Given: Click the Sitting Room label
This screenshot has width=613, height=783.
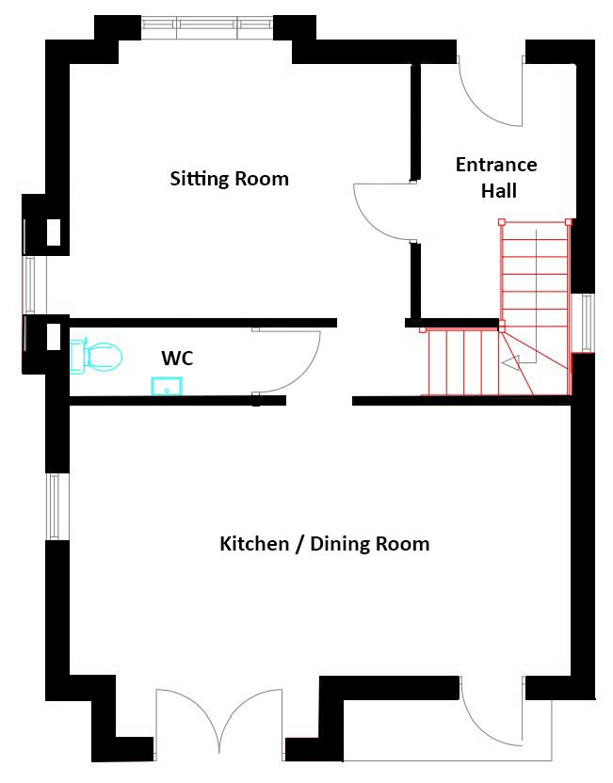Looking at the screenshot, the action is [230, 179].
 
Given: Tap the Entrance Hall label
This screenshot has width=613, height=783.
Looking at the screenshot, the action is [496, 177].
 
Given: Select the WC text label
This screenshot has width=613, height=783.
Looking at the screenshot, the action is [177, 358].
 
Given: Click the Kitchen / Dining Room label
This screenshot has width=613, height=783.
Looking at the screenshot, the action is [325, 543].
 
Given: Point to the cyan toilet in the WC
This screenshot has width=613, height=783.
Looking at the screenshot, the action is [96, 356].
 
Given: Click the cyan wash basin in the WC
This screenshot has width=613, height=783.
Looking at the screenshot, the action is [167, 386].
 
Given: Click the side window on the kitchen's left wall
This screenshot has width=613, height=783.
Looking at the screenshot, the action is [54, 506].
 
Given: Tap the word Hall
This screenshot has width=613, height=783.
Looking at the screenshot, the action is [499, 191].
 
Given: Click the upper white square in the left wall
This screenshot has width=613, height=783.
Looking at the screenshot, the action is [54, 232].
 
